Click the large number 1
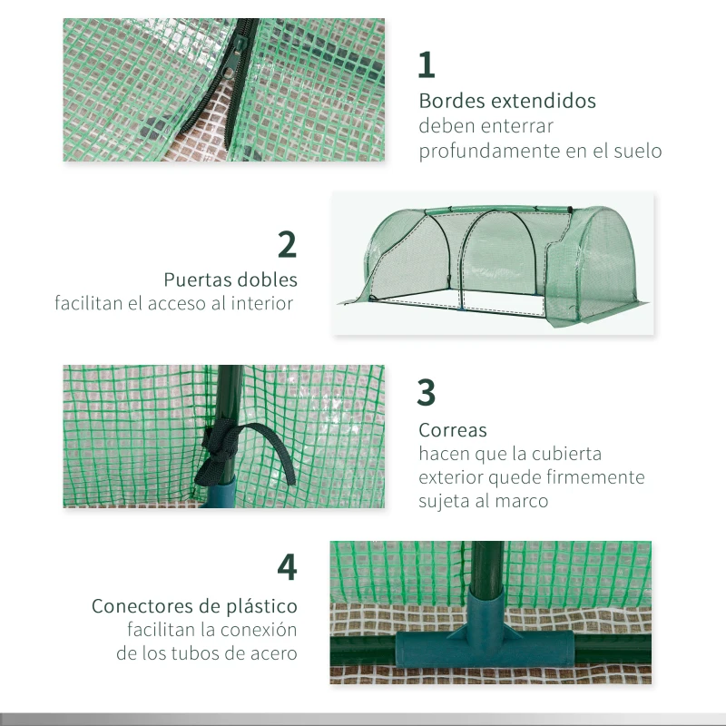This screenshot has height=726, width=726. pos(427,64)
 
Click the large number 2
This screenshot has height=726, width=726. pos(287,245)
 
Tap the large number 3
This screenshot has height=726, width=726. pos(427,392)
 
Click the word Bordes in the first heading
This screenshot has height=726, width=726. pos(451,101)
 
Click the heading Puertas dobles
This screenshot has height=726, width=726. pos(231,280)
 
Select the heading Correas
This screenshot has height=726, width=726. pos(452,430)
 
